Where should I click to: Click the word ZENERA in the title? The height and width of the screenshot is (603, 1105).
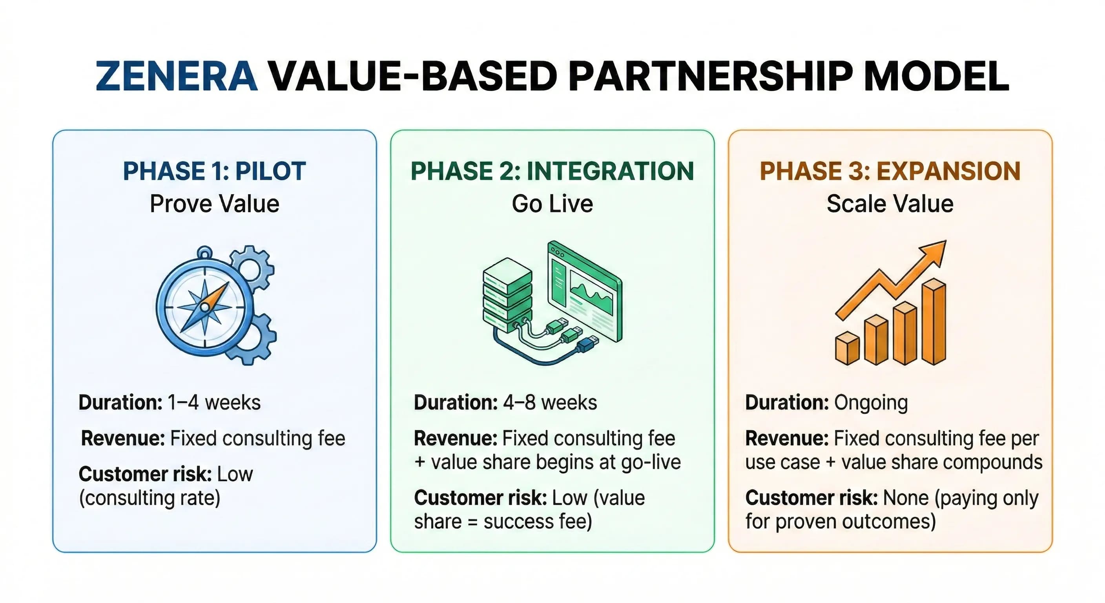click(x=176, y=77)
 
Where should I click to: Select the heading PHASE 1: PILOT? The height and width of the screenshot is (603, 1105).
click(x=215, y=171)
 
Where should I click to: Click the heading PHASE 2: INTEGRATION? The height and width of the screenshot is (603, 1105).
click(x=552, y=171)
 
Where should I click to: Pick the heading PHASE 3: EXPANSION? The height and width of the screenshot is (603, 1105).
click(x=890, y=171)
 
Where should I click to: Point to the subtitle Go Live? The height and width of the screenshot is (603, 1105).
click(x=552, y=203)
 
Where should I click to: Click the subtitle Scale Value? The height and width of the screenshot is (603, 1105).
click(x=890, y=203)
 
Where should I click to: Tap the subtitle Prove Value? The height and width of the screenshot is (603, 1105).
click(x=215, y=203)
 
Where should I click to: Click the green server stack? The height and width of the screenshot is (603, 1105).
click(x=507, y=296)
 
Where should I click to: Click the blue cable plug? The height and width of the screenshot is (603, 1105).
click(x=587, y=344)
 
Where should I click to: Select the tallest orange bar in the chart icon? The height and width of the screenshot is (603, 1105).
click(x=934, y=322)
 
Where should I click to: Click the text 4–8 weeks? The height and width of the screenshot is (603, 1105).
click(x=549, y=402)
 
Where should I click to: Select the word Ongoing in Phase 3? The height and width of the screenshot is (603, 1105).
click(x=871, y=402)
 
